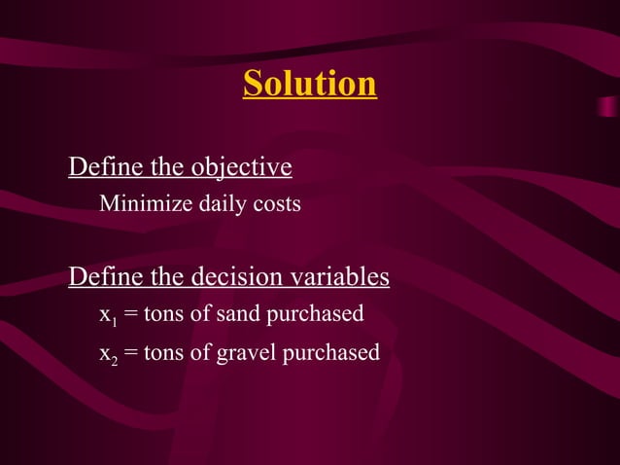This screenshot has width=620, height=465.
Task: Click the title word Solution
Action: tap(310, 84)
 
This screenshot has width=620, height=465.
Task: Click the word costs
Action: tap(277, 205)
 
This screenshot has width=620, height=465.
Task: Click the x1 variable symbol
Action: tap(107, 315)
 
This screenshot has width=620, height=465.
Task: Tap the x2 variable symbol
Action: tap(107, 353)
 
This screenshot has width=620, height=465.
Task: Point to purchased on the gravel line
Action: tap(330, 353)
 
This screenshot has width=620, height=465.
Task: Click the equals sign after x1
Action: tap(129, 315)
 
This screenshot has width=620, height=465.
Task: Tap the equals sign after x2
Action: tap(129, 353)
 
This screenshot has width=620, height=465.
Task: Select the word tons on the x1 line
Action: tap(162, 314)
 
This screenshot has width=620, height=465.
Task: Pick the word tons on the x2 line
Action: tap(162, 352)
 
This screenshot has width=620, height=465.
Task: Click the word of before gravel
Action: tap(200, 352)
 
